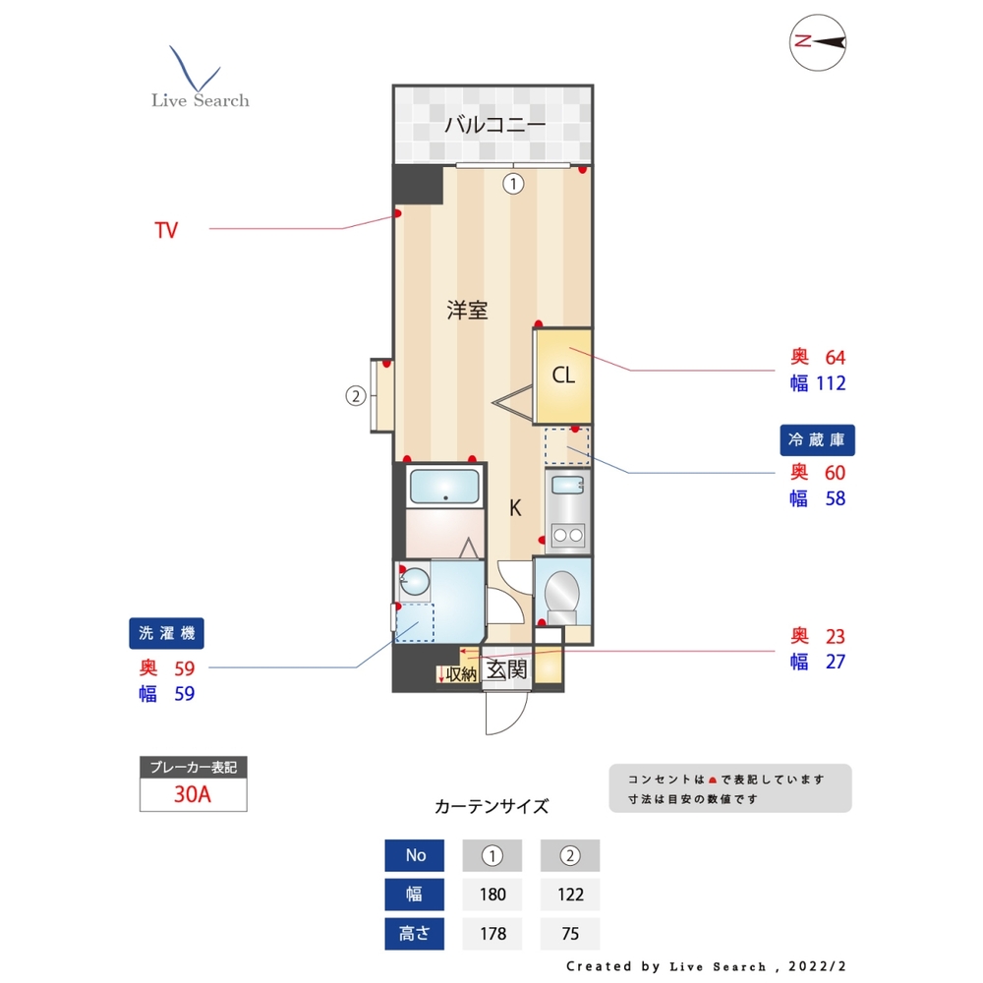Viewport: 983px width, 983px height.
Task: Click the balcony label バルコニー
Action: coord(494,125)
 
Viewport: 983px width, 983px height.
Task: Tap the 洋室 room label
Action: coord(467,310)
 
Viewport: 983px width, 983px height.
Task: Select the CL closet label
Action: coord(562,375)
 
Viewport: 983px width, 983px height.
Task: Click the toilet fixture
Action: coord(562,593)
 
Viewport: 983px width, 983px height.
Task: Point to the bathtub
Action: coord(444,488)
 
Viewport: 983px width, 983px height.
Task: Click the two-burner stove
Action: coord(567,535)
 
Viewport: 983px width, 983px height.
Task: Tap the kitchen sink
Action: coord(566,485)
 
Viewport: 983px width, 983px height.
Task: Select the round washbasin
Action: coord(414,582)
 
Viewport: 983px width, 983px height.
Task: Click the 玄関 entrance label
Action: coord(507,670)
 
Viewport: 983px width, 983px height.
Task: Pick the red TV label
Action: coord(166,230)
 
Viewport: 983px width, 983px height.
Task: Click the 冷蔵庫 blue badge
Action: coord(817,439)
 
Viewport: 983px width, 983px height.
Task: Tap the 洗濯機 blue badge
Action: coord(166,634)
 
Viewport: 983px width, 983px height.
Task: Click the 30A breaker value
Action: coord(193,795)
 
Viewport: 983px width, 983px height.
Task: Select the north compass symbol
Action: coord(818,42)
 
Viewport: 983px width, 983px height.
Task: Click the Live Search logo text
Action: coord(200,100)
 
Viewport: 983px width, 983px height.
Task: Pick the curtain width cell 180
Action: coord(491,894)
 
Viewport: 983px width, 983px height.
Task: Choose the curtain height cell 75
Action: coord(570,933)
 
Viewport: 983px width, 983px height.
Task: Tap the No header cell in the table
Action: coord(415,855)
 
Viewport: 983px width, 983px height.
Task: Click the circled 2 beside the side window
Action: coord(355,396)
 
